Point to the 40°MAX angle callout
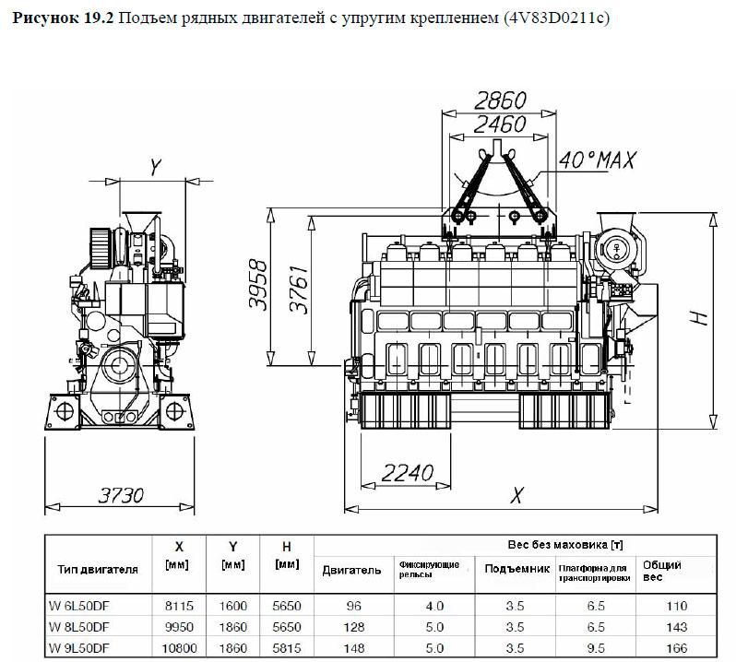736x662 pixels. [599, 160]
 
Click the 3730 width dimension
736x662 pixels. [121, 494]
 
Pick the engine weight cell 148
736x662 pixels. [350, 648]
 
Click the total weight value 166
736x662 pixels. [676, 648]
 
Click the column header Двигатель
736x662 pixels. [351, 570]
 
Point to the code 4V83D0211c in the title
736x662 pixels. [559, 18]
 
